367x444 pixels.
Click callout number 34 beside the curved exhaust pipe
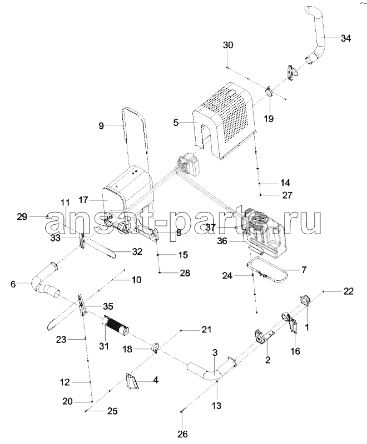(x=345, y=38)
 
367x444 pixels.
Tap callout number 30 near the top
(x=228, y=45)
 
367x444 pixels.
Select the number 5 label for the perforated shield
(x=176, y=123)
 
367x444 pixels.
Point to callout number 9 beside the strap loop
(x=101, y=126)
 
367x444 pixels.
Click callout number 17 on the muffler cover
(x=83, y=200)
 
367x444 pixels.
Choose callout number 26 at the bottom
(x=183, y=433)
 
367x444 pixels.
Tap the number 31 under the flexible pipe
(x=104, y=346)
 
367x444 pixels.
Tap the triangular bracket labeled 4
(x=131, y=381)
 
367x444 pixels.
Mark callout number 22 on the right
(x=348, y=291)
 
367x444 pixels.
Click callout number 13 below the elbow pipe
(x=216, y=406)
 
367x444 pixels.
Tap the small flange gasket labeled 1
(x=305, y=300)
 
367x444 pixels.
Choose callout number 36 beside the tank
(x=222, y=241)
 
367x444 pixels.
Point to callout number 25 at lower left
(x=112, y=411)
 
